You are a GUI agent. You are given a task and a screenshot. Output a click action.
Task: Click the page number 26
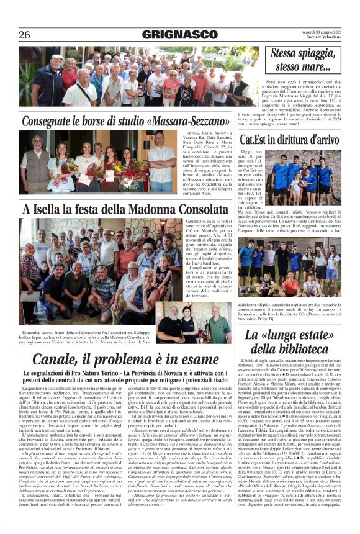[x=24, y=35]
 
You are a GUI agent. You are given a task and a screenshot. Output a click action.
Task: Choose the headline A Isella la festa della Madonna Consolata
[x=117, y=209]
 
